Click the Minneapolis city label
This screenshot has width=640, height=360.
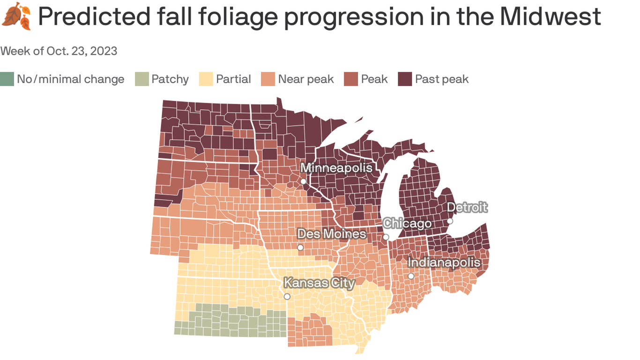coord(336,167)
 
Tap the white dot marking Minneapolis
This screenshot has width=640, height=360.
coord(304,181)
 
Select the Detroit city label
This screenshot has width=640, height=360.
coord(467,207)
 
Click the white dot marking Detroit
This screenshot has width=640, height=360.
coord(450,221)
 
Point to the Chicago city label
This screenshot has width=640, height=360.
coord(407,223)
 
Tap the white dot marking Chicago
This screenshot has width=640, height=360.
coord(386,237)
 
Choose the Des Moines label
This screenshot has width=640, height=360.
coord(332,233)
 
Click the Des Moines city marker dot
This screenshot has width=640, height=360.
coord(300,247)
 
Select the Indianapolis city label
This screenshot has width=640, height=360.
coord(444,262)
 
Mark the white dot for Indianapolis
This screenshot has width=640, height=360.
coord(411,276)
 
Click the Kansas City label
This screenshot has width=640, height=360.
coord(319,283)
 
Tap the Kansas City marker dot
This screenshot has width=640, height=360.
coord(287,297)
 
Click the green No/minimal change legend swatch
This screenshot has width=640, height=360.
coord(7,79)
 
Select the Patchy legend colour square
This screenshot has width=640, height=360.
coord(141,79)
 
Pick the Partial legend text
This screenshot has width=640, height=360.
coord(233,79)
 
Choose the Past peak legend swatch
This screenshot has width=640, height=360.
coord(405,79)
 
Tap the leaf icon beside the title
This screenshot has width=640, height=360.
coord(16,16)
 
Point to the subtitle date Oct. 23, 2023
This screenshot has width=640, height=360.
coord(82,51)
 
